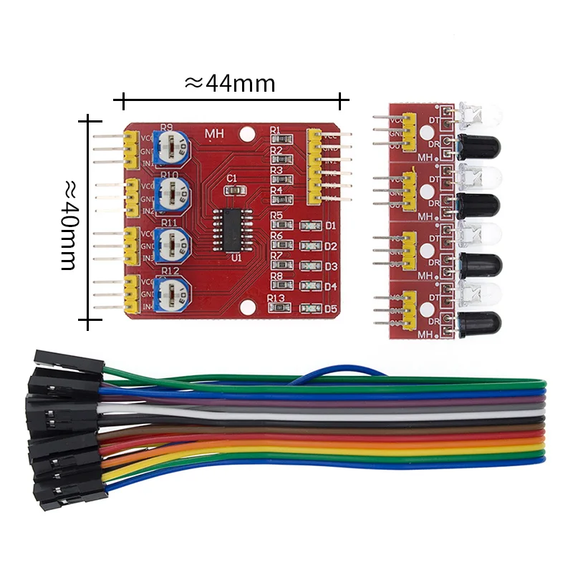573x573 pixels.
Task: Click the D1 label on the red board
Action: coord(330,226)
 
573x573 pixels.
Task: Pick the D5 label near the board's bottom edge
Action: coord(330,309)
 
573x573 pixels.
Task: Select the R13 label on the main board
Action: coord(276,299)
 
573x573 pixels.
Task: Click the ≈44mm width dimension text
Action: coord(230,84)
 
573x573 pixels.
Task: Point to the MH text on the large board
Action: coord(214,133)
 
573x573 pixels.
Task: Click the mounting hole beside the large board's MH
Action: coord(247,133)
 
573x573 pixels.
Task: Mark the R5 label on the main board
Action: coord(276,216)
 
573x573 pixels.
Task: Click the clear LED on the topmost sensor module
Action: coord(477,113)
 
